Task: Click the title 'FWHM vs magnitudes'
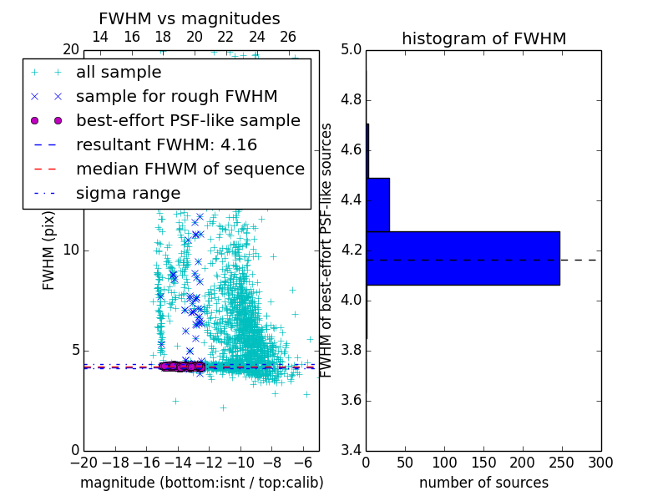point(190,18)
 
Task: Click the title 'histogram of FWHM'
point(483,38)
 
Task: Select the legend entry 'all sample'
point(119,73)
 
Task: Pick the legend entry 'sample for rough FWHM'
point(176,96)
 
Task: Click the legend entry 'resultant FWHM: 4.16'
point(166,144)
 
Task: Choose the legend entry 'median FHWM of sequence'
point(190,169)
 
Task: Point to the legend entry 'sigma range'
point(128,193)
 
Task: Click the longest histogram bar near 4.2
point(463,258)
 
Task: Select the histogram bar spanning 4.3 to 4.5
point(378,205)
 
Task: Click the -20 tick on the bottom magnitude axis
point(83,462)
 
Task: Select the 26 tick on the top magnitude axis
point(288,37)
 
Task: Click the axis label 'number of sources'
point(483,483)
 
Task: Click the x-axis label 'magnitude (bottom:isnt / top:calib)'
point(201,483)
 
